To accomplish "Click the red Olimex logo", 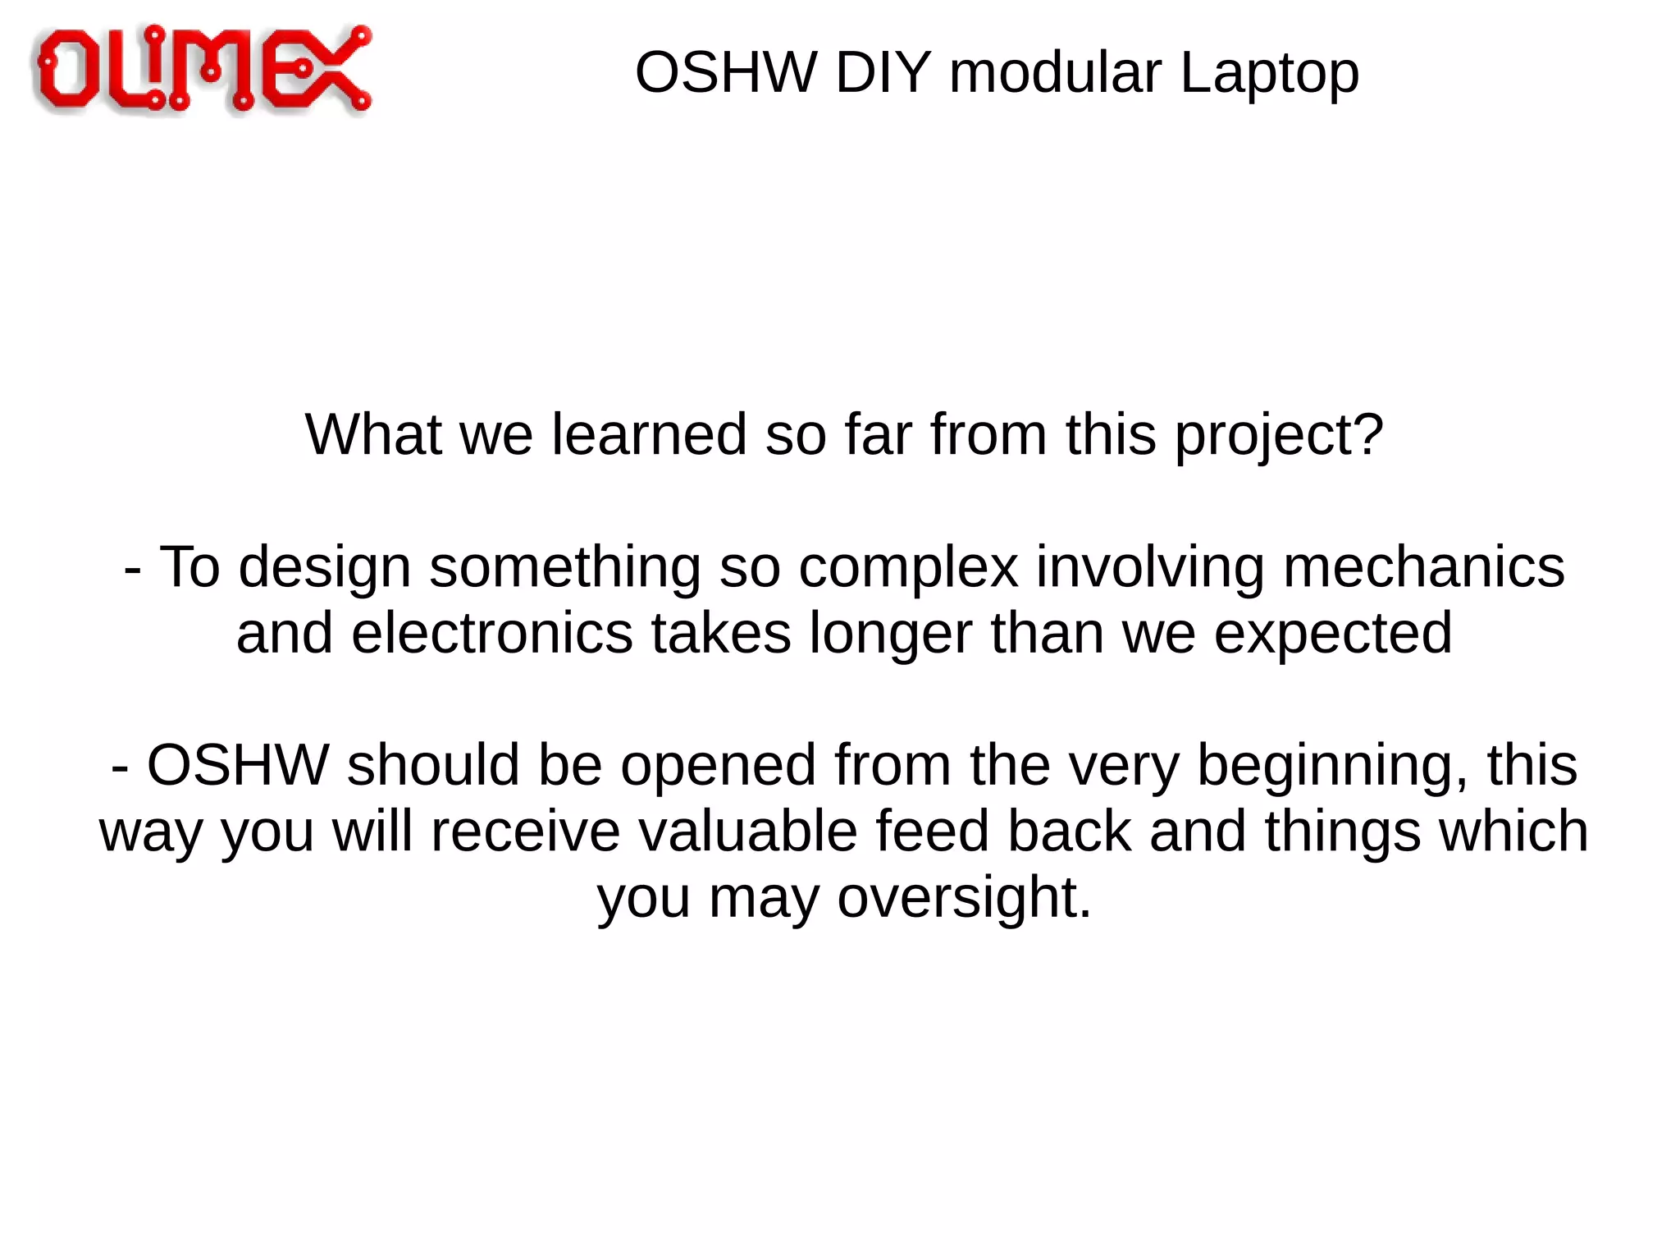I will pyautogui.click(x=202, y=69).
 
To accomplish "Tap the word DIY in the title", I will pyautogui.click(x=883, y=72).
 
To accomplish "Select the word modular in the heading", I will pyautogui.click(x=1055, y=72).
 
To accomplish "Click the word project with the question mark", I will pyautogui.click(x=1279, y=435).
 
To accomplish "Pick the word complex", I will pyautogui.click(x=908, y=568).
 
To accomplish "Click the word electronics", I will pyautogui.click(x=492, y=633).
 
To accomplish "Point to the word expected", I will pyautogui.click(x=1332, y=635).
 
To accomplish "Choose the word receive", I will pyautogui.click(x=525, y=831).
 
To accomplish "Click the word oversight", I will pyautogui.click(x=964, y=898).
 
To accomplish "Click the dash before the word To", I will pyautogui.click(x=132, y=568).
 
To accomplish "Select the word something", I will pyautogui.click(x=565, y=568).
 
